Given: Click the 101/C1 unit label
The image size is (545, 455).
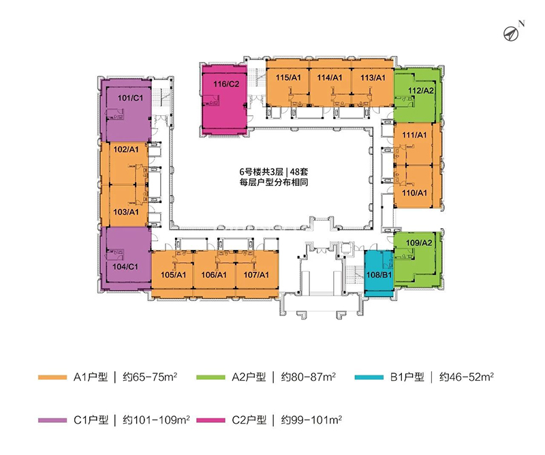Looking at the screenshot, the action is [x=130, y=98].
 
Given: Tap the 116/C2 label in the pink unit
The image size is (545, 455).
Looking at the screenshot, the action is [x=226, y=84].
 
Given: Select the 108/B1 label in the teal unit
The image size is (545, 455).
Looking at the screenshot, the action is [x=379, y=275].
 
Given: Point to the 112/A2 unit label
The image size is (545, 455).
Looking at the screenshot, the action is [x=421, y=91].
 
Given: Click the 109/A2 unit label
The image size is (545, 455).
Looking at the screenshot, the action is [x=419, y=243].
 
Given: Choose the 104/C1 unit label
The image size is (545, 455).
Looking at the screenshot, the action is [x=125, y=266].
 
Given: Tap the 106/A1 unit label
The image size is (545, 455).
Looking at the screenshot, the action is [x=214, y=275].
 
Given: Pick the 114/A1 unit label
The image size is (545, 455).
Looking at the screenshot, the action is [x=330, y=78].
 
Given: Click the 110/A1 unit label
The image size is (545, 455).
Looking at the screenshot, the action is [x=414, y=193].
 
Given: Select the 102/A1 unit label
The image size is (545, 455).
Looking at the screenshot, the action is [x=126, y=149].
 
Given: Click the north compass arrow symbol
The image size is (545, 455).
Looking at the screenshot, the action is [x=511, y=34].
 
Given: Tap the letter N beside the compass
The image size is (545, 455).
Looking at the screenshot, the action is [x=521, y=24].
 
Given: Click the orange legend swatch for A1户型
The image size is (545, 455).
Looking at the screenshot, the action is [x=52, y=377].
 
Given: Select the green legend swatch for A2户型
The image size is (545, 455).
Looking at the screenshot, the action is [x=211, y=377].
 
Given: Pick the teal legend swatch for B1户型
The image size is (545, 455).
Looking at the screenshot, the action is [x=369, y=377].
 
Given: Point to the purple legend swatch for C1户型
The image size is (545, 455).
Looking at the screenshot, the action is [x=52, y=420].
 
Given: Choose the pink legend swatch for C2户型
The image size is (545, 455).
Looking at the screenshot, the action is [x=211, y=420].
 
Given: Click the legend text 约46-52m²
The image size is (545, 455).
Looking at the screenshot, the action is [x=467, y=377].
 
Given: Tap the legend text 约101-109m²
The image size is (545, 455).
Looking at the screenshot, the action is [x=156, y=420].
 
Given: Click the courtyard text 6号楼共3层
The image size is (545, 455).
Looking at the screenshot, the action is [x=262, y=172].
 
